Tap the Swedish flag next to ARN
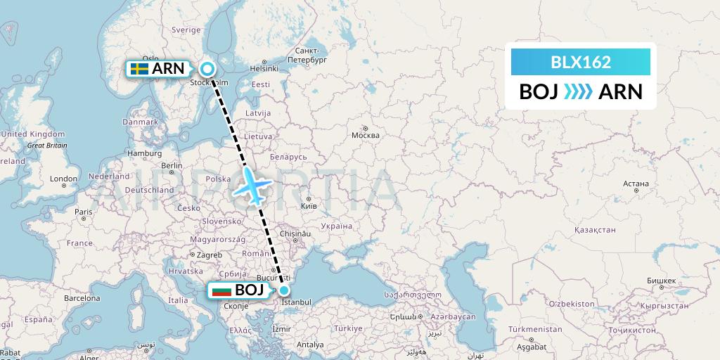tap(139, 68)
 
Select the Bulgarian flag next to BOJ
tap(221, 290)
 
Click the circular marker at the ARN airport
tap(207, 68)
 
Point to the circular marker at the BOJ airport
tap(283, 290)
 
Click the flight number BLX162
tap(580, 62)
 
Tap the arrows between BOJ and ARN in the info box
tap(578, 91)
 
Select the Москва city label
tap(365, 136)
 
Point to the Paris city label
tap(84, 212)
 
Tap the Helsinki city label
tap(264, 68)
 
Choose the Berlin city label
tap(172, 166)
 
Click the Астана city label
tap(636, 184)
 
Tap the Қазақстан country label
tap(595, 230)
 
